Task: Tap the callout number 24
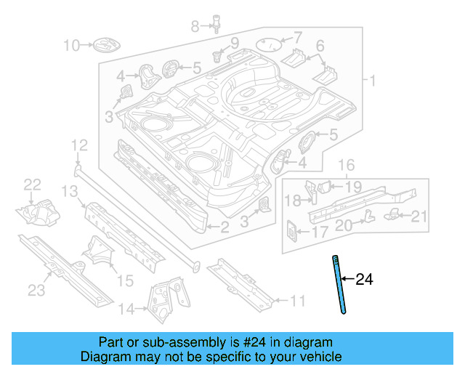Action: pos(364,279)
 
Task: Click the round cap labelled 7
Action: pos(270,44)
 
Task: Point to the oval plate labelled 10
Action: pos(102,46)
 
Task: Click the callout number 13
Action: pos(69,191)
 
